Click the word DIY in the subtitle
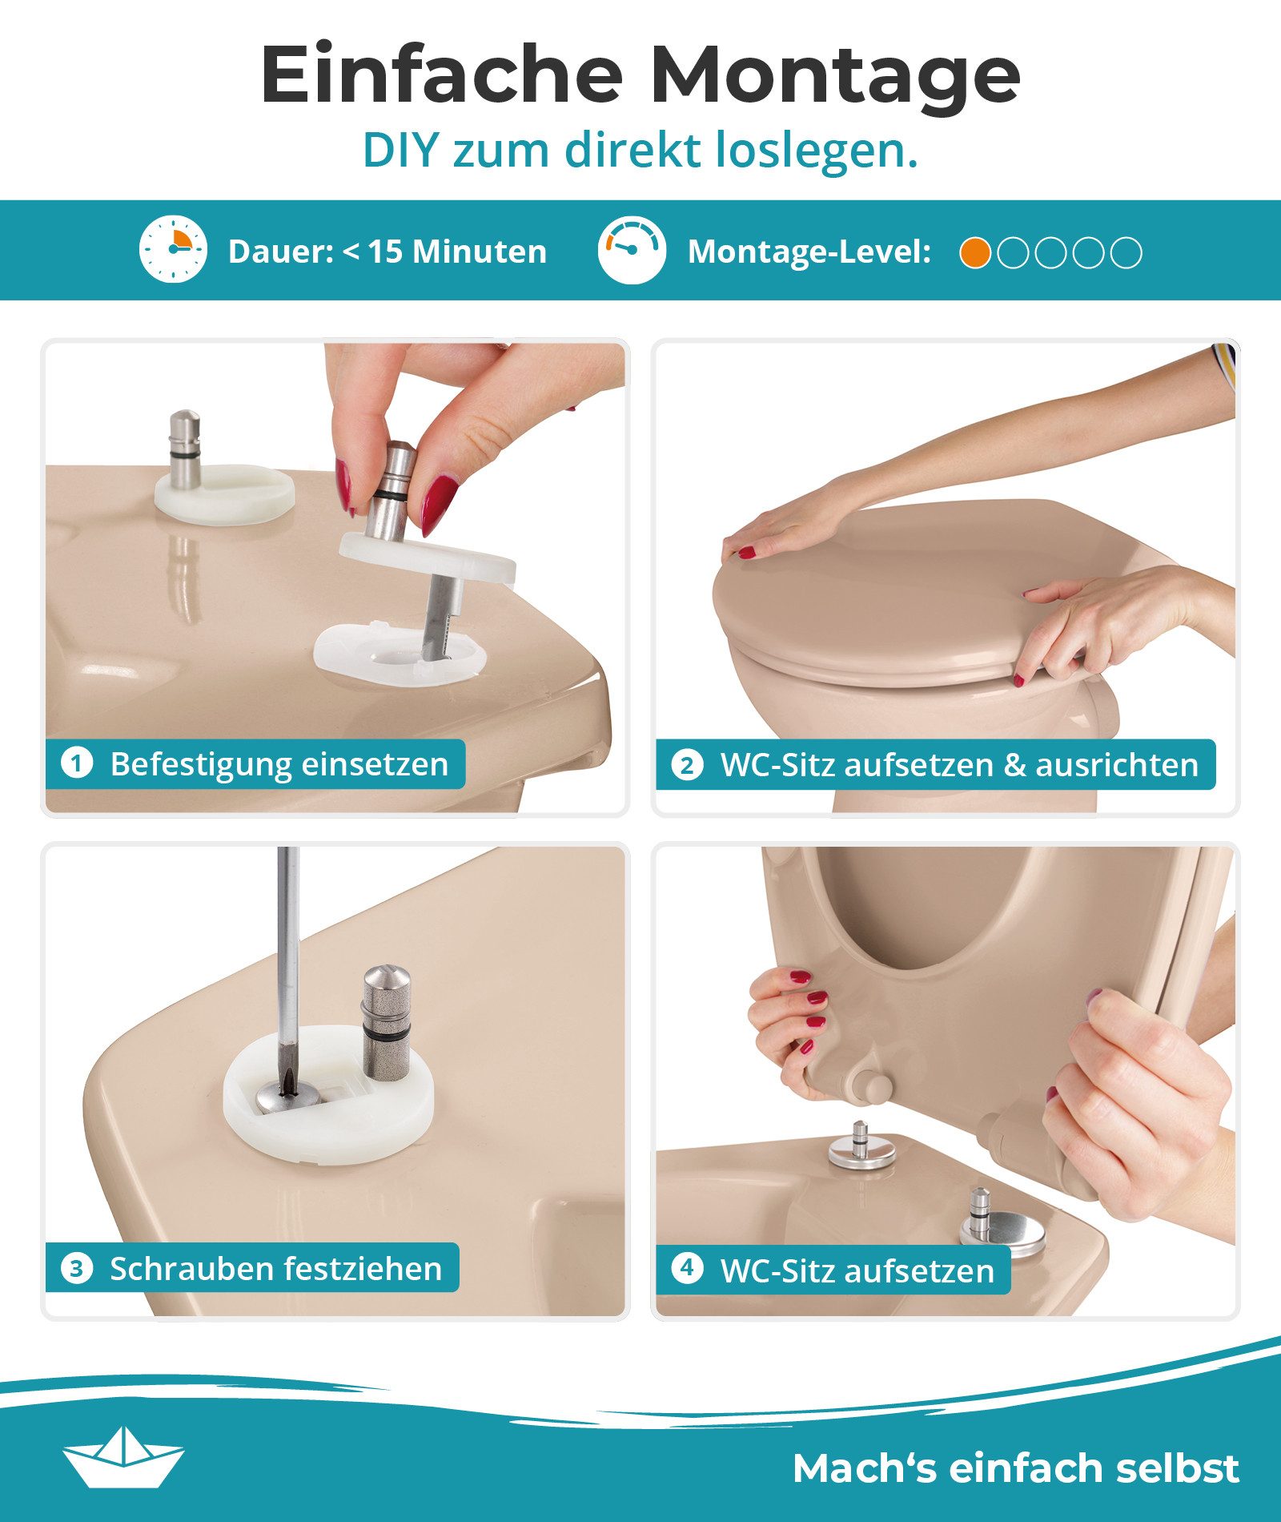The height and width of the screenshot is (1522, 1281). tap(400, 151)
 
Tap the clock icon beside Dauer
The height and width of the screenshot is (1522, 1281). tap(173, 249)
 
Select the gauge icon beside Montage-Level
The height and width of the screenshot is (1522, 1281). tap(632, 249)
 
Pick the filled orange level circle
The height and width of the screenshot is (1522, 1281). tap(974, 253)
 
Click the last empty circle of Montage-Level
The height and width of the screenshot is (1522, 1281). tap(1126, 253)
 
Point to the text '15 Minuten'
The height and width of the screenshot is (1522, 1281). tap(457, 252)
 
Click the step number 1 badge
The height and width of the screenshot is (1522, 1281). tap(77, 763)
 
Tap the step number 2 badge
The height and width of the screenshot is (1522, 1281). tap(687, 765)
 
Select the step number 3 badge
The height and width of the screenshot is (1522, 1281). tap(77, 1269)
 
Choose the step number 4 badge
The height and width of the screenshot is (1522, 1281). tap(687, 1269)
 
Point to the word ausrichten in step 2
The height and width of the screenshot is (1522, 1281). tap(1117, 765)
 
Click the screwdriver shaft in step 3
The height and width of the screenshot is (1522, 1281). tap(287, 945)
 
